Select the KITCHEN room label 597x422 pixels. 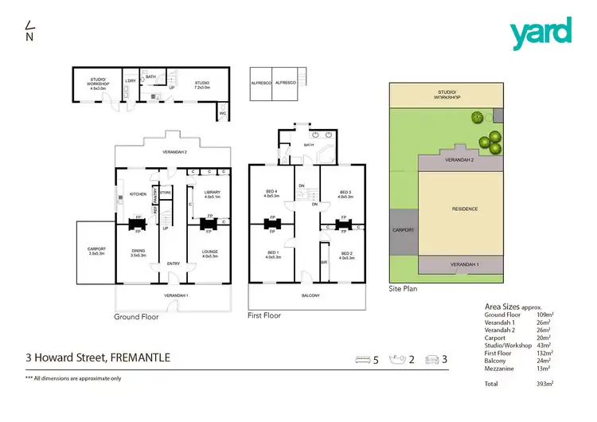pos(136,194)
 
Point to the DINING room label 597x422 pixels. pos(139,252)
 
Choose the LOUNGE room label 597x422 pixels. pos(210,252)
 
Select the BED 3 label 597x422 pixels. pos(345,193)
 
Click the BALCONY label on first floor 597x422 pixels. pos(310,295)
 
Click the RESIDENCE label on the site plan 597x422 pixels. pos(464,209)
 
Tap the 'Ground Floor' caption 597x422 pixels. pos(136,317)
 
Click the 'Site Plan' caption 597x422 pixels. pos(403,289)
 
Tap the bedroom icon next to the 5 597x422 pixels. pos(364,360)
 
